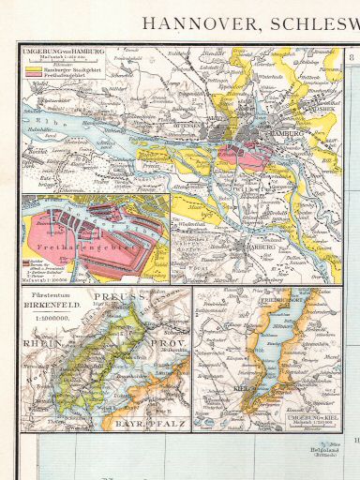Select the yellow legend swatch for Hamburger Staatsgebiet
tap(36, 70)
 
